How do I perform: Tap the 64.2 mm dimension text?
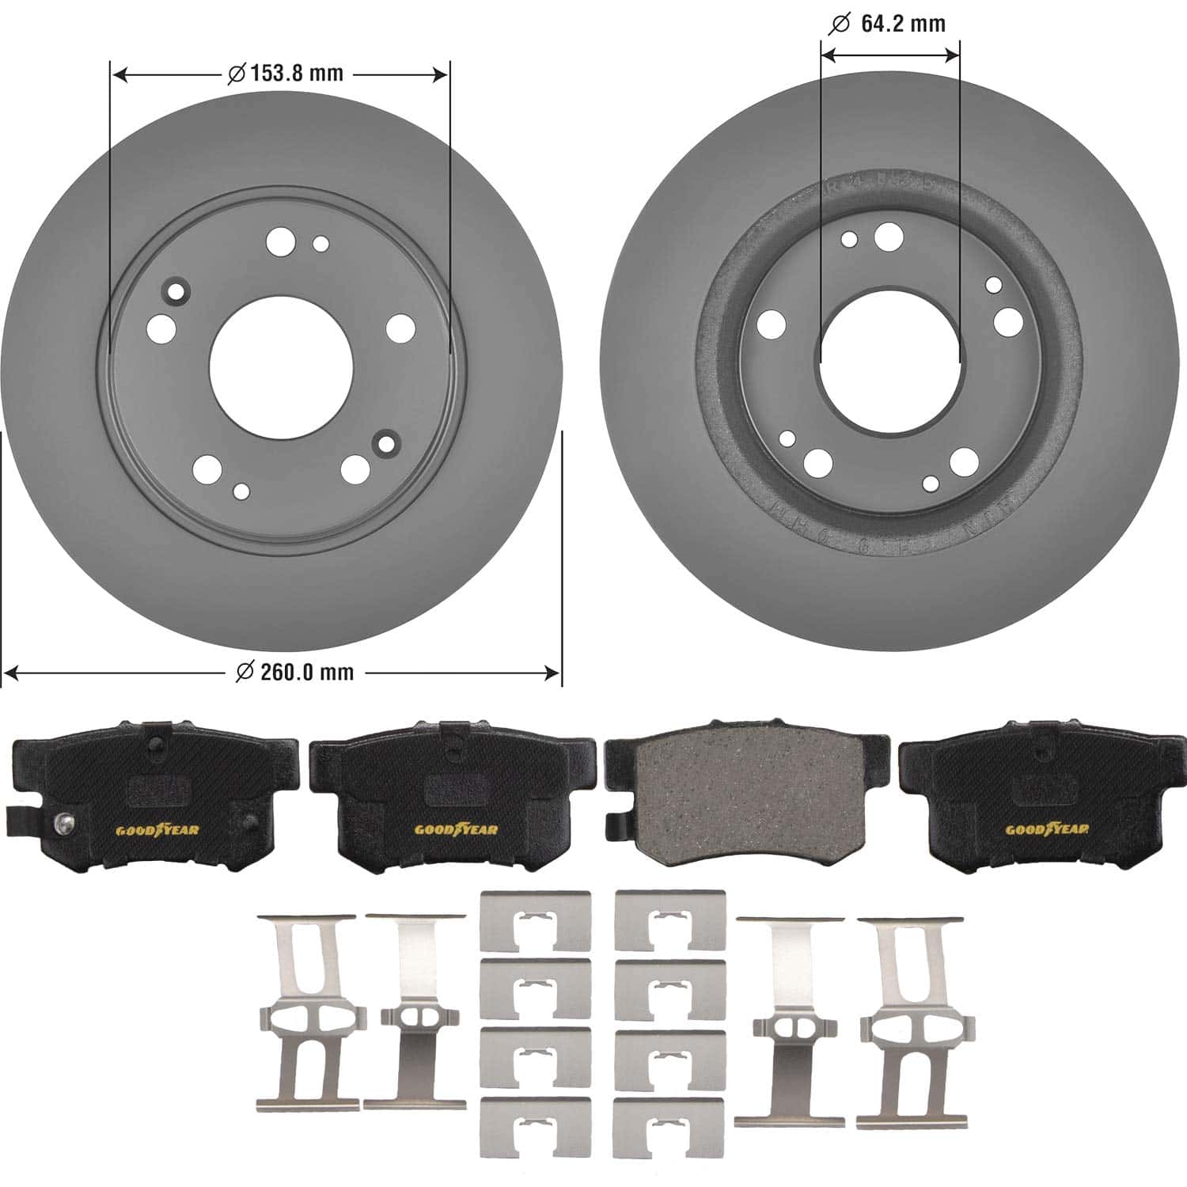[902, 24]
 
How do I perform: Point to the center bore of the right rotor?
[890, 361]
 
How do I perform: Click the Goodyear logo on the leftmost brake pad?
[157, 830]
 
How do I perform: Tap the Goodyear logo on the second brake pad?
[456, 829]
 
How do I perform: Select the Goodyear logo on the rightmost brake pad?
[1046, 829]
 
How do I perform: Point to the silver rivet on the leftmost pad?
[63, 825]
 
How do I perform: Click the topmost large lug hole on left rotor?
[279, 241]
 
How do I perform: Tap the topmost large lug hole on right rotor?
[888, 234]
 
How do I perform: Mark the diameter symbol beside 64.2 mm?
[838, 25]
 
